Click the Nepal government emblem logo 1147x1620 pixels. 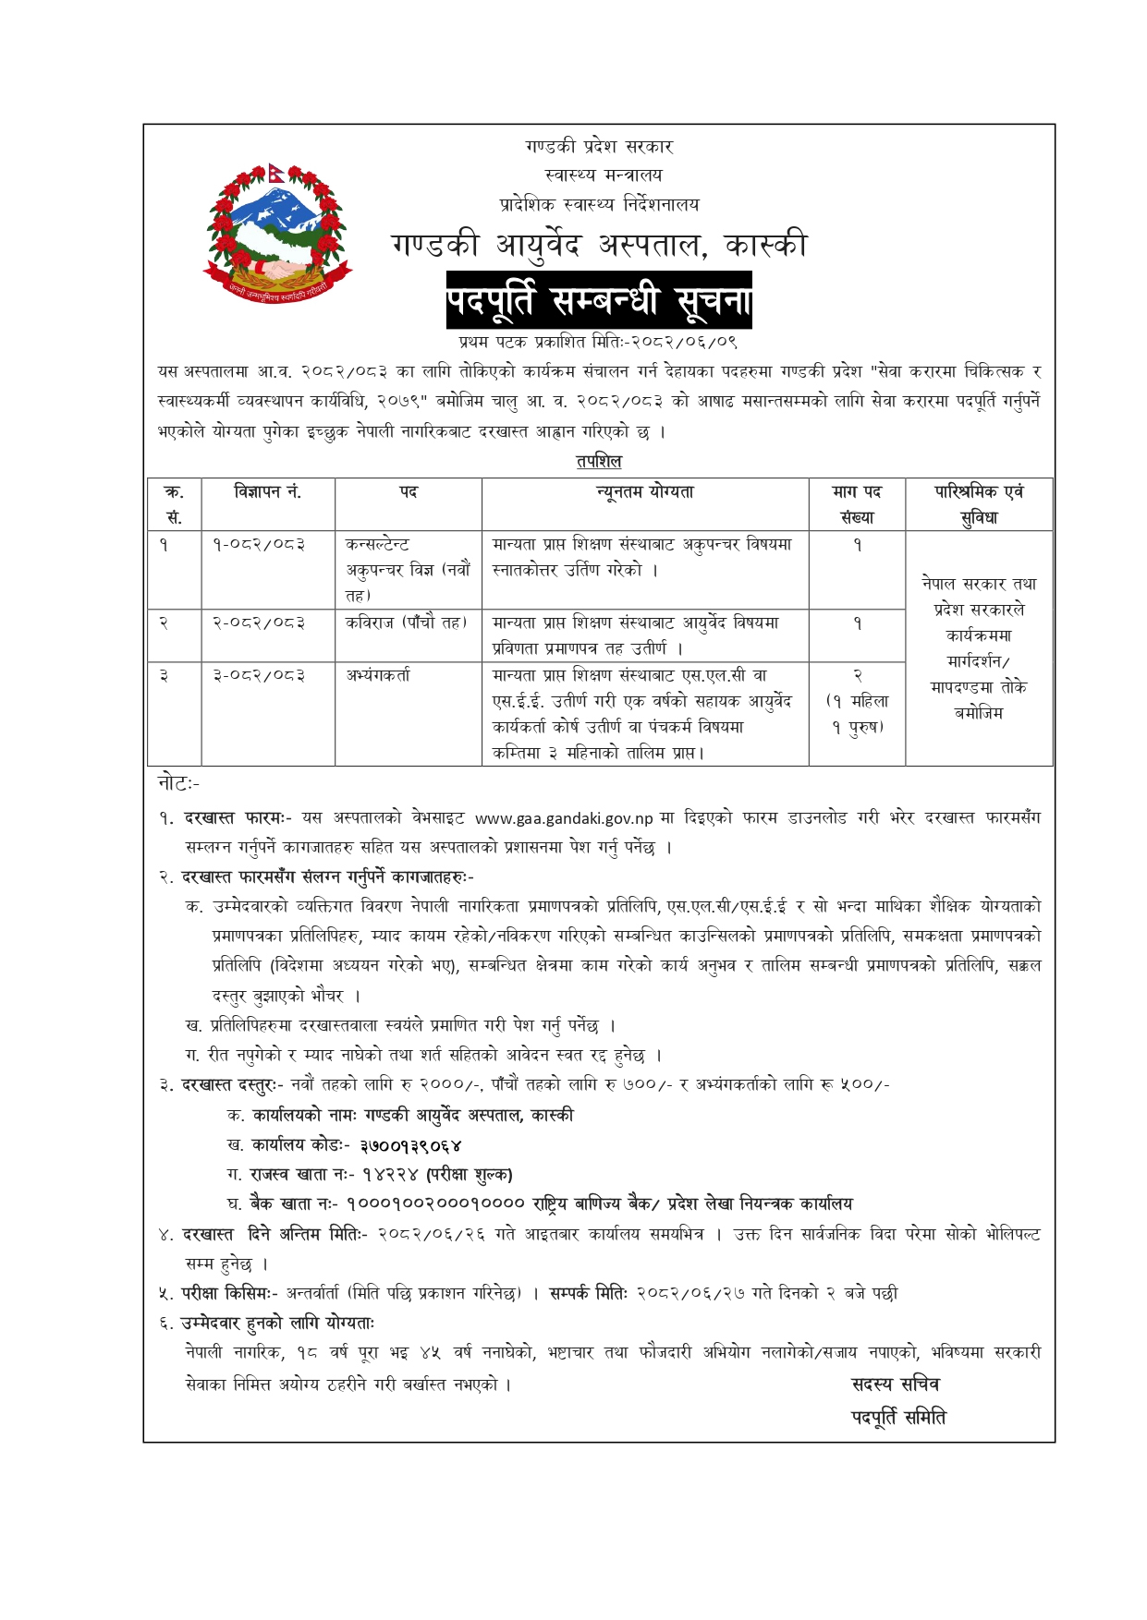(x=277, y=232)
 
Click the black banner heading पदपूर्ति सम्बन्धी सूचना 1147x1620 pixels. (x=599, y=300)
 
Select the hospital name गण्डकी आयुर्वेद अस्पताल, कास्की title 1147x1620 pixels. (x=599, y=246)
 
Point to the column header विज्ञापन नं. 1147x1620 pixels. (x=268, y=492)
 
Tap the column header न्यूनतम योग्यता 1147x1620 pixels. (x=645, y=492)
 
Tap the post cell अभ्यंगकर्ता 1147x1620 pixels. (x=378, y=675)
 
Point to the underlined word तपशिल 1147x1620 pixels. (x=599, y=461)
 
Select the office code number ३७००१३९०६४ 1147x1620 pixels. (x=410, y=1145)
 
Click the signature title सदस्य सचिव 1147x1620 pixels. (x=895, y=1384)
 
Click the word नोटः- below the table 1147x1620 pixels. (x=179, y=783)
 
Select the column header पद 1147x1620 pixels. (x=409, y=492)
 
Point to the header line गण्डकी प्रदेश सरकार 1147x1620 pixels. (x=599, y=146)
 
